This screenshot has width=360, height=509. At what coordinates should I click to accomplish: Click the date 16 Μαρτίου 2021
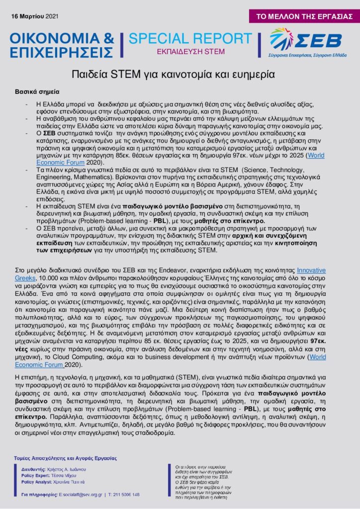(x=34, y=17)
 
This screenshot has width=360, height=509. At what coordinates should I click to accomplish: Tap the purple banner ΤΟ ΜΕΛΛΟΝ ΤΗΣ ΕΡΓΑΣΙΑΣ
(x=304, y=16)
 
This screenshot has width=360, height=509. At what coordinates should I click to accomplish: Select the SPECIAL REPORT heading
(x=190, y=39)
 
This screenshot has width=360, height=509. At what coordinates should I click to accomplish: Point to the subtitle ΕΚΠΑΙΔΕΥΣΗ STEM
(x=190, y=51)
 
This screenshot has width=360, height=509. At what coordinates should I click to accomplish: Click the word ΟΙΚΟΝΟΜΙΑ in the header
(x=56, y=38)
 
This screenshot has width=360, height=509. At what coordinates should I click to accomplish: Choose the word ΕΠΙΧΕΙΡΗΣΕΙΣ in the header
(x=62, y=51)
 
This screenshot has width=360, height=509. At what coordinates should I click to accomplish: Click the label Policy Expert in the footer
(x=35, y=476)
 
